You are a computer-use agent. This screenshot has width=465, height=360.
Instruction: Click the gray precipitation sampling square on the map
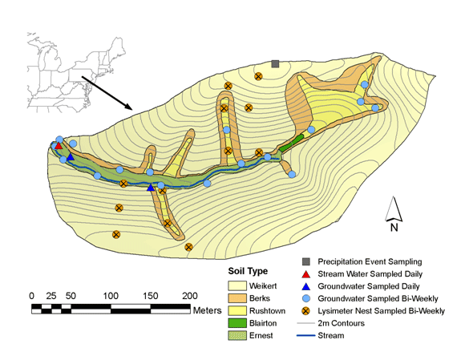(275, 64)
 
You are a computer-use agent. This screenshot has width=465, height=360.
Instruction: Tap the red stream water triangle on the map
(59, 146)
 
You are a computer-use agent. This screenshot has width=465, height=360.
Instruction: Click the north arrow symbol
(394, 209)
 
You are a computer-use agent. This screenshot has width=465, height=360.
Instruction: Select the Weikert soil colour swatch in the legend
(237, 286)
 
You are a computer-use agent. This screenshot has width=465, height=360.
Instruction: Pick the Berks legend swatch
(237, 298)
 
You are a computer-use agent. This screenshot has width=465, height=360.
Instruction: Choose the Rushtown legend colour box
(237, 311)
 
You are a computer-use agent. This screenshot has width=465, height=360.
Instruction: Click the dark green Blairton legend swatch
(237, 323)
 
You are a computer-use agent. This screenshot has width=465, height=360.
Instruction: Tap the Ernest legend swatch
(237, 335)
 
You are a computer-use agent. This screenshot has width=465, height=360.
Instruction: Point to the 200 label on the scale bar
(190, 296)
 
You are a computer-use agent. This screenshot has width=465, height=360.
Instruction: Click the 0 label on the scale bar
(32, 296)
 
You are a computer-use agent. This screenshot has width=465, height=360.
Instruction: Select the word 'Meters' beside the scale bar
(208, 310)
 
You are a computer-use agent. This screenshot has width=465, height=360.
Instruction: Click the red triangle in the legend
(305, 274)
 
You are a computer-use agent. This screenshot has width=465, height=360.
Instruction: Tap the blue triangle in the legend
(305, 286)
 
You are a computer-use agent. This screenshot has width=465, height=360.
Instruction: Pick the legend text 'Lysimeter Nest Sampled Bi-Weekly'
(381, 311)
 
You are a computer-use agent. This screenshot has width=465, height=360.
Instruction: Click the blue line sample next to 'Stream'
(305, 336)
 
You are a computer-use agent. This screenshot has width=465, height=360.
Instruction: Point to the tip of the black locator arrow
(132, 109)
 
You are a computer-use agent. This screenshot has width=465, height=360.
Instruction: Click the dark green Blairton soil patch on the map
(292, 143)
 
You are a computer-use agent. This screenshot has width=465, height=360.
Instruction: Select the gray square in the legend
(306, 261)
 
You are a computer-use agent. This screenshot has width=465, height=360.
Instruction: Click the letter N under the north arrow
(394, 228)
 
